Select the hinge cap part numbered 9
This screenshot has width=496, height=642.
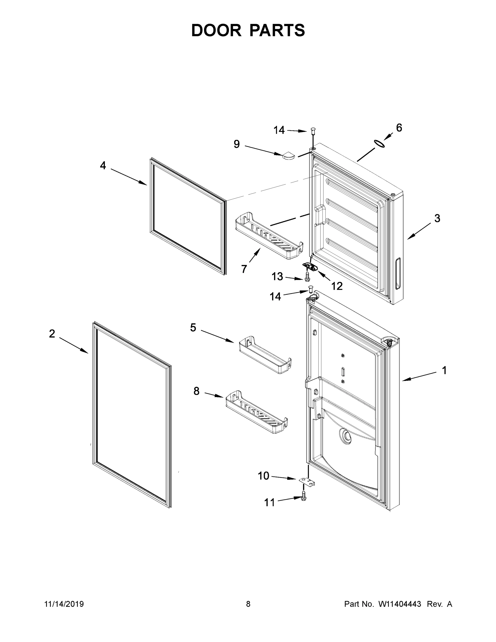click(x=288, y=155)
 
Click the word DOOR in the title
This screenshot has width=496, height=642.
click(x=216, y=30)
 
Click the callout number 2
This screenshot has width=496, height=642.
click(x=52, y=334)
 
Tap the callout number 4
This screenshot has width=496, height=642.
click(x=103, y=166)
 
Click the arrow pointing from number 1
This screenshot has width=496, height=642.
click(x=420, y=377)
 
